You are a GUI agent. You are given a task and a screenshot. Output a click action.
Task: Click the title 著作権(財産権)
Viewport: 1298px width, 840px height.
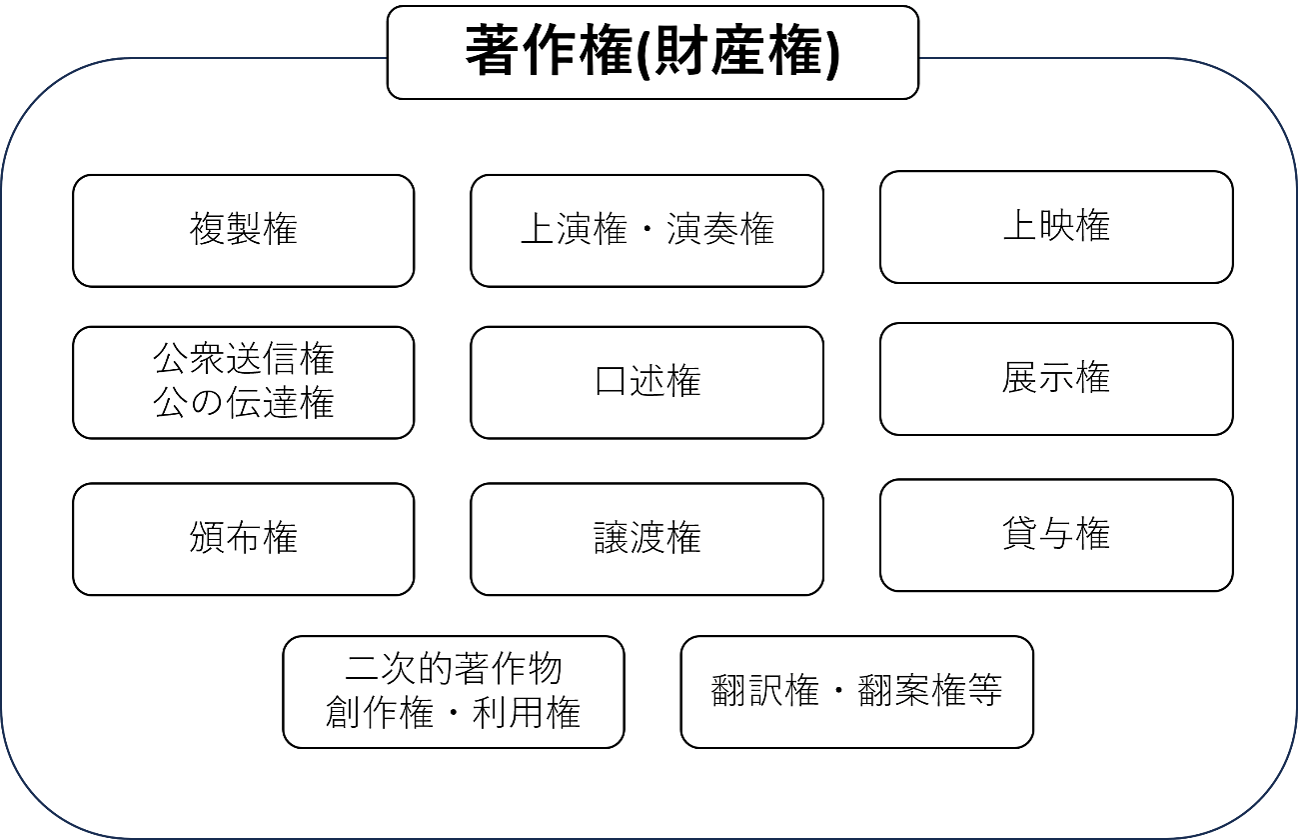point(652,51)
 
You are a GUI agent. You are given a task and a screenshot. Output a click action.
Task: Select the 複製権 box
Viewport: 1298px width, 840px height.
point(244,231)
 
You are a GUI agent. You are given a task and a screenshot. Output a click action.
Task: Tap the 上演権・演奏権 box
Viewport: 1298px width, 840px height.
point(647,231)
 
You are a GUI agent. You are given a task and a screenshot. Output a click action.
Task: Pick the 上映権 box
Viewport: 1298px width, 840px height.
point(1056,227)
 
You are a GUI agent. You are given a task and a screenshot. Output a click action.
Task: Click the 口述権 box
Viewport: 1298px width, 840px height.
point(647,382)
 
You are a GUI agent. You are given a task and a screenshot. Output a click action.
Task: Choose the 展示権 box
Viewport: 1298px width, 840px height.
point(1056,379)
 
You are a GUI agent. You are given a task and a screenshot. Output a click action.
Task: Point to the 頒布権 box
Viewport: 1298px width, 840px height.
point(244,539)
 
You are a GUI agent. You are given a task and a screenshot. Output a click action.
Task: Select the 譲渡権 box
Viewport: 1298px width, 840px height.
point(647,539)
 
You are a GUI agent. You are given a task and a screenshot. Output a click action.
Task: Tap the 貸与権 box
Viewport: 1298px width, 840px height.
point(1056,535)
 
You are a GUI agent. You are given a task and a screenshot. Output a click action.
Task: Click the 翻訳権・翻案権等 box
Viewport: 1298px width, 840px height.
point(857,691)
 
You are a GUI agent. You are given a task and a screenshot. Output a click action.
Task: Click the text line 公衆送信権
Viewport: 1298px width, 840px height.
point(244,359)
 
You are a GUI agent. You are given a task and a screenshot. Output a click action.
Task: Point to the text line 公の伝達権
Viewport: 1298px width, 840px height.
point(244,403)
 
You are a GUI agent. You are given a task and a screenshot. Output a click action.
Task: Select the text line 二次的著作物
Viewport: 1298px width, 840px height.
point(454,668)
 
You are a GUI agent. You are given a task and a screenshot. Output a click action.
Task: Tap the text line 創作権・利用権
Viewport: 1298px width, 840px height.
point(453,712)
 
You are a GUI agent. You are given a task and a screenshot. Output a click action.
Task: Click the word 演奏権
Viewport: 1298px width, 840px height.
point(720,229)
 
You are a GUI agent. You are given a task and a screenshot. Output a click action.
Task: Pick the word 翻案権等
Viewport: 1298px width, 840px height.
point(930,690)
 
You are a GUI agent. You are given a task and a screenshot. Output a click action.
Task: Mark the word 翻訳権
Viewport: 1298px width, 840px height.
point(765,690)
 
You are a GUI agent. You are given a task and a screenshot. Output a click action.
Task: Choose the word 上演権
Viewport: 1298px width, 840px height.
point(575,229)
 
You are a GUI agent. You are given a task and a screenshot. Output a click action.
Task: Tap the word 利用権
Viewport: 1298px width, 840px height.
point(527,712)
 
